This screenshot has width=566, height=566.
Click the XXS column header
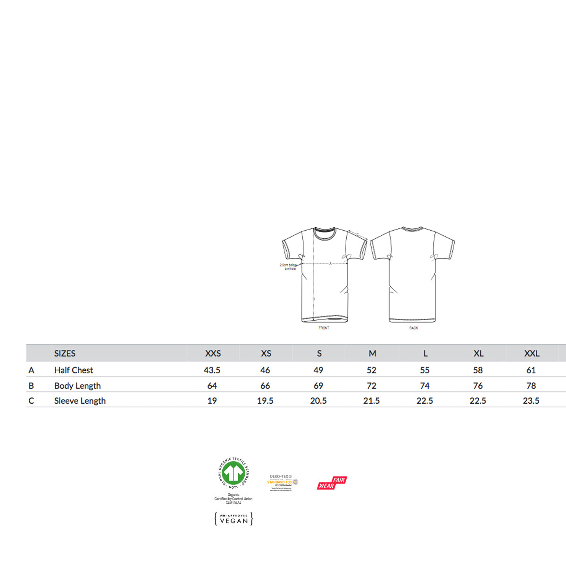(213, 353)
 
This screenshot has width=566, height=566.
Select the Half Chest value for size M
(372, 370)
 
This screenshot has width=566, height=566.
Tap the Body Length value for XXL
(531, 386)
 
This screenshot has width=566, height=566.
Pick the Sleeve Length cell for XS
(265, 401)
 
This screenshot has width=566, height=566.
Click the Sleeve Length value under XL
(478, 401)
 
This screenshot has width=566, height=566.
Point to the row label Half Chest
(74, 370)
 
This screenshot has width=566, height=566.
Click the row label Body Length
(77, 386)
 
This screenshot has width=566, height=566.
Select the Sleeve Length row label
(80, 401)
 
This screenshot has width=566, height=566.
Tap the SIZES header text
(65, 353)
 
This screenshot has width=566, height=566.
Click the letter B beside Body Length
(31, 386)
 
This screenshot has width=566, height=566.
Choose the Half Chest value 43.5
(212, 370)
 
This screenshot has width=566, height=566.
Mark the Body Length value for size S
(318, 386)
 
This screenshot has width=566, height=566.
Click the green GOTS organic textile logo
(233, 473)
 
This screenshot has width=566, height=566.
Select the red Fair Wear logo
(332, 483)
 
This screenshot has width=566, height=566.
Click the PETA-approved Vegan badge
(234, 519)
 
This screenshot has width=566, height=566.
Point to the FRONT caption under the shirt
(324, 328)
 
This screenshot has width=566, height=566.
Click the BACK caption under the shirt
(414, 328)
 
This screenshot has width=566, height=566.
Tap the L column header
(425, 353)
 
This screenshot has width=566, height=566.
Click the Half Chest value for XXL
(531, 370)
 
